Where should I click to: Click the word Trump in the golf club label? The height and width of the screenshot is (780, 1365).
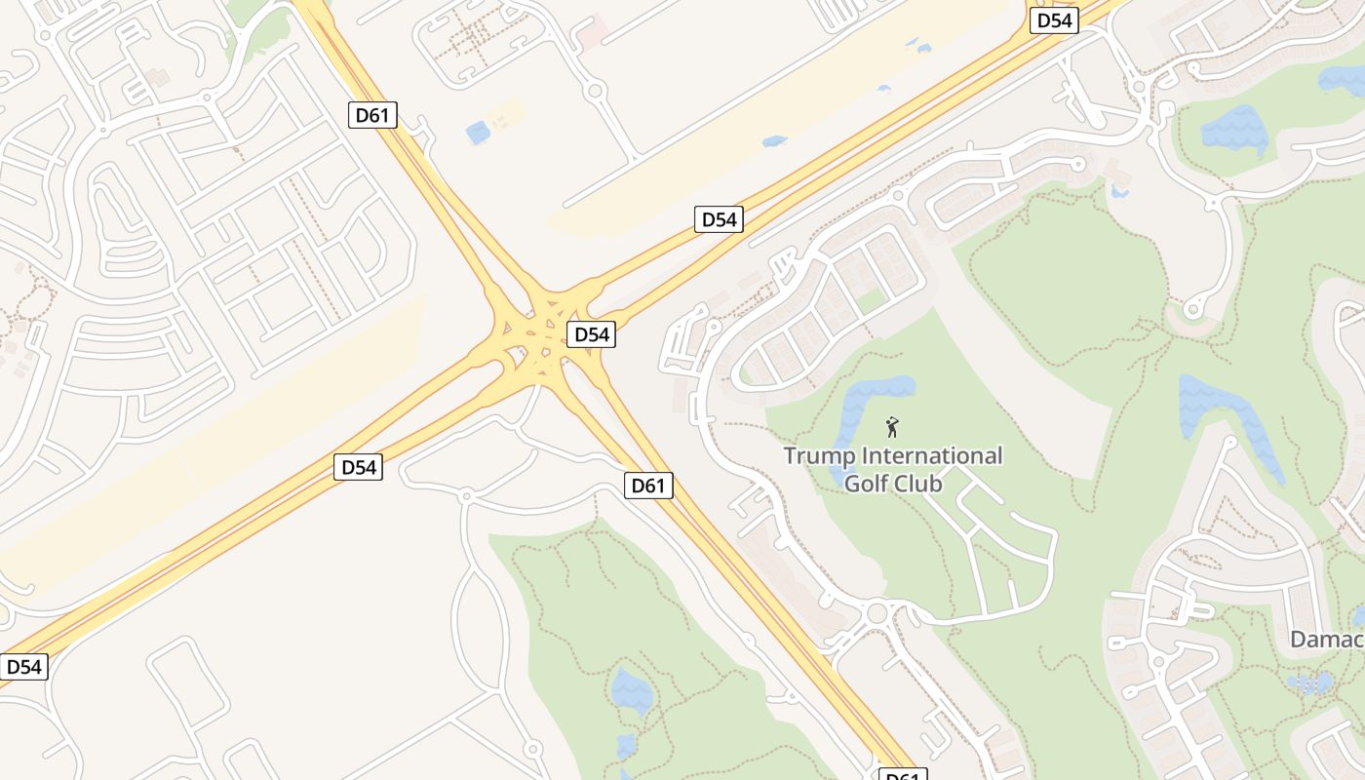(816, 455)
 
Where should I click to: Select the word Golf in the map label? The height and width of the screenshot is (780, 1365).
(864, 482)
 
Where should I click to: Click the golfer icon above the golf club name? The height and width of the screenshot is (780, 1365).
(891, 427)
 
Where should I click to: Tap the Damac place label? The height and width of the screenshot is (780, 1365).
(1326, 640)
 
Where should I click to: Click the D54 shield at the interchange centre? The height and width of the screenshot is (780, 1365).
(591, 334)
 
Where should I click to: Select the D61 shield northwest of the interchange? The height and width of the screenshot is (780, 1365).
(372, 115)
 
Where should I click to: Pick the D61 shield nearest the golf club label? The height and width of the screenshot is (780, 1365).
(648, 485)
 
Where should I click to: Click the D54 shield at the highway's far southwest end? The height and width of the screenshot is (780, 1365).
(23, 667)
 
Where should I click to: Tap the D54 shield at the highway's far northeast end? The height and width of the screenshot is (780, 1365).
(1054, 20)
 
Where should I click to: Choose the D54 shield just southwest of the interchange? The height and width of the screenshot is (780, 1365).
(358, 467)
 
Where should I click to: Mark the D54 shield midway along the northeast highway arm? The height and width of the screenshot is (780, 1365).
(720, 219)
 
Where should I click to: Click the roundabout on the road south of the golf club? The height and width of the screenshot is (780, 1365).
(877, 613)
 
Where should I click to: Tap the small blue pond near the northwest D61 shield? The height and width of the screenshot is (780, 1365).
(478, 133)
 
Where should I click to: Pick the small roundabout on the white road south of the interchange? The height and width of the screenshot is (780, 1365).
(466, 496)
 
